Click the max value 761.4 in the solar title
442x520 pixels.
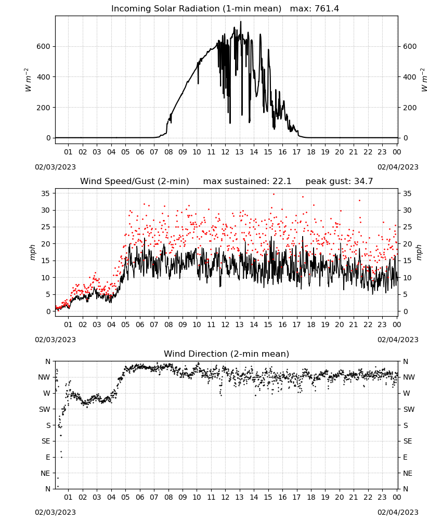(327, 9)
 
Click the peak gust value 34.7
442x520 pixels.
(362, 181)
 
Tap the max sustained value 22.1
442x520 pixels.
(282, 181)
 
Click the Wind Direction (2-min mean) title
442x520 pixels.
(227, 354)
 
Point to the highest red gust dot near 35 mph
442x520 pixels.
(274, 194)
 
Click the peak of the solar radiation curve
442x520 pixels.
(241, 21)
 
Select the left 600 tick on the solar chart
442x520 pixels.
(44, 46)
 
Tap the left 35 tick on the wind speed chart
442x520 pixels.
(46, 193)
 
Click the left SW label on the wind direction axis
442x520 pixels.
(45, 409)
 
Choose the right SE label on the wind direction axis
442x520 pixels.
(408, 441)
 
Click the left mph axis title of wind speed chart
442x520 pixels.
(32, 252)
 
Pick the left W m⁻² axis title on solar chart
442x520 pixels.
(28, 80)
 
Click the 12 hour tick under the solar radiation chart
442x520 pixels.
(225, 152)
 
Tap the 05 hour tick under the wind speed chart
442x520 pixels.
(125, 324)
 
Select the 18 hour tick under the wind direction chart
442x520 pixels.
(311, 497)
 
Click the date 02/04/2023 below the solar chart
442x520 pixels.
(398, 167)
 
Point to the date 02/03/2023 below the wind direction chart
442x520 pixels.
(55, 512)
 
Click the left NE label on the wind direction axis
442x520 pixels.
(45, 473)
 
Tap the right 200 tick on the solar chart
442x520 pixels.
(410, 108)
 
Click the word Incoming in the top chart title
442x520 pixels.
(127, 9)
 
